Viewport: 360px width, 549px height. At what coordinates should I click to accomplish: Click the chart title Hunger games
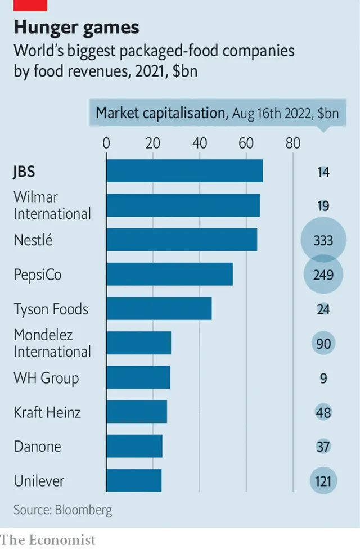pos(76,27)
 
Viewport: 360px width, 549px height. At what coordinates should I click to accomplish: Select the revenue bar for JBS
pos(184,171)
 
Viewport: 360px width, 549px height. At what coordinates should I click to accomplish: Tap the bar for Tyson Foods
pos(159,309)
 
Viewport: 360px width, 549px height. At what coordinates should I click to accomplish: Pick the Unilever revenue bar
pos(134,481)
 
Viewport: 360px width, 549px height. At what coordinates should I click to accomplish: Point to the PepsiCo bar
pos(169,274)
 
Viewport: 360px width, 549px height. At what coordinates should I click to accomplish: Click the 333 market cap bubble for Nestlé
pos(323,241)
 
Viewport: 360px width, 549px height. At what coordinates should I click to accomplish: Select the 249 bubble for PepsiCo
pos(323,275)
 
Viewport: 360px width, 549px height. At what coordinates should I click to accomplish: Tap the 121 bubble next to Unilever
pos(323,481)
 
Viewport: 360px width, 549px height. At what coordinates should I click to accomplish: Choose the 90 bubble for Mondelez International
pos(323,344)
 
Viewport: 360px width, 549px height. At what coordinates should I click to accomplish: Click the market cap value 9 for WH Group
pos(323,378)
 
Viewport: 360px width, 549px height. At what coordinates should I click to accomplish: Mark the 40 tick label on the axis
pos(200,143)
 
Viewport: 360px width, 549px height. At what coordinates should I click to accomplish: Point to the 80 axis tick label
pos(293,143)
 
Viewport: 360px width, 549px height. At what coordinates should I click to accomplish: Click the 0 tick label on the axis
pos(106,143)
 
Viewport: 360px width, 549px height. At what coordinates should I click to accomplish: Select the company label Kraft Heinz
pos(47,412)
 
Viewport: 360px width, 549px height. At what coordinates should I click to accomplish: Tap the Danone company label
pos(37,447)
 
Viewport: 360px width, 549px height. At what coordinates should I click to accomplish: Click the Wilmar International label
pos(52,205)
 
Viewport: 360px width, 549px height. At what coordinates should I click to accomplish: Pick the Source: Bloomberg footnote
pos(62,510)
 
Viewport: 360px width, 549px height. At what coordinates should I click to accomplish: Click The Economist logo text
pos(48,539)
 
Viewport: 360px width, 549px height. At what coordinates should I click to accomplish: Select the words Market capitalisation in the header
pos(160,112)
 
